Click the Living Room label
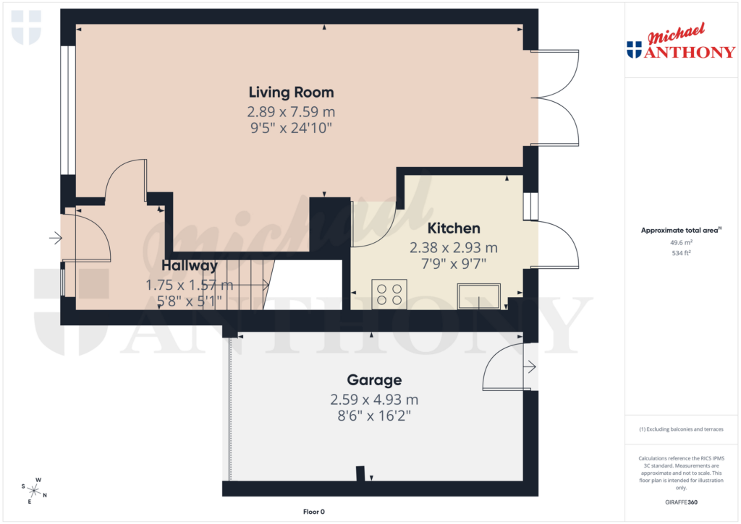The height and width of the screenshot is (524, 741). (x=291, y=93)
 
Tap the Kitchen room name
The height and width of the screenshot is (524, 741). (x=454, y=228)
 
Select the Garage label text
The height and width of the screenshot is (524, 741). (x=374, y=380)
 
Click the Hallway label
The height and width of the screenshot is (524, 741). (x=190, y=265)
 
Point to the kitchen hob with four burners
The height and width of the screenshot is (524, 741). (x=389, y=294)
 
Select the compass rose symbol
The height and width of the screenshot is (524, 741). (x=33, y=490)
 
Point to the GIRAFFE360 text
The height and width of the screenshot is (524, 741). (x=680, y=502)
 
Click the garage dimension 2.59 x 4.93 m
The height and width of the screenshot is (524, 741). (x=374, y=400)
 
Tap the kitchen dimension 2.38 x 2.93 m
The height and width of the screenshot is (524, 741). (x=454, y=248)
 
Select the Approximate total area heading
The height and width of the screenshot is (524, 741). (x=680, y=230)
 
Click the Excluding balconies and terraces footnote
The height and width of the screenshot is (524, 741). (x=680, y=429)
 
